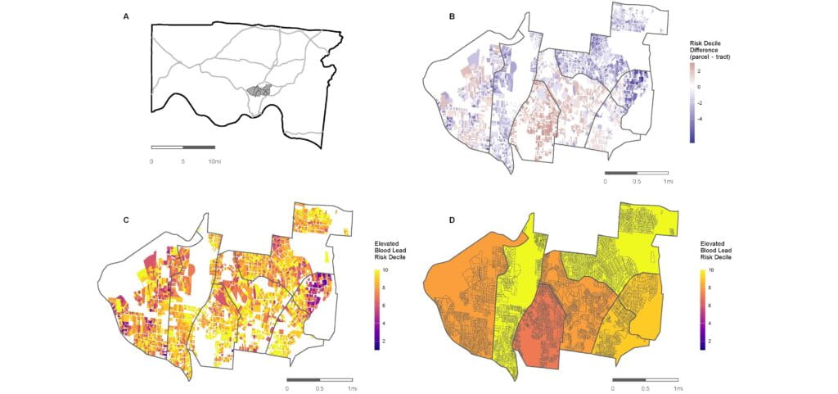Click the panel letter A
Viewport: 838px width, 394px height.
[125, 16]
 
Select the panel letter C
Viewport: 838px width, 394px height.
[125, 220]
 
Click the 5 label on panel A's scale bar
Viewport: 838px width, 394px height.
[183, 161]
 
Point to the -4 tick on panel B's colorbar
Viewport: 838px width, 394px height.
[698, 118]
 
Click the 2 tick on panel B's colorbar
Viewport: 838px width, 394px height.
[698, 71]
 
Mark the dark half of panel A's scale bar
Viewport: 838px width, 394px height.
[198, 147]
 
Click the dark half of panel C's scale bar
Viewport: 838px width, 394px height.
[304, 379]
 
